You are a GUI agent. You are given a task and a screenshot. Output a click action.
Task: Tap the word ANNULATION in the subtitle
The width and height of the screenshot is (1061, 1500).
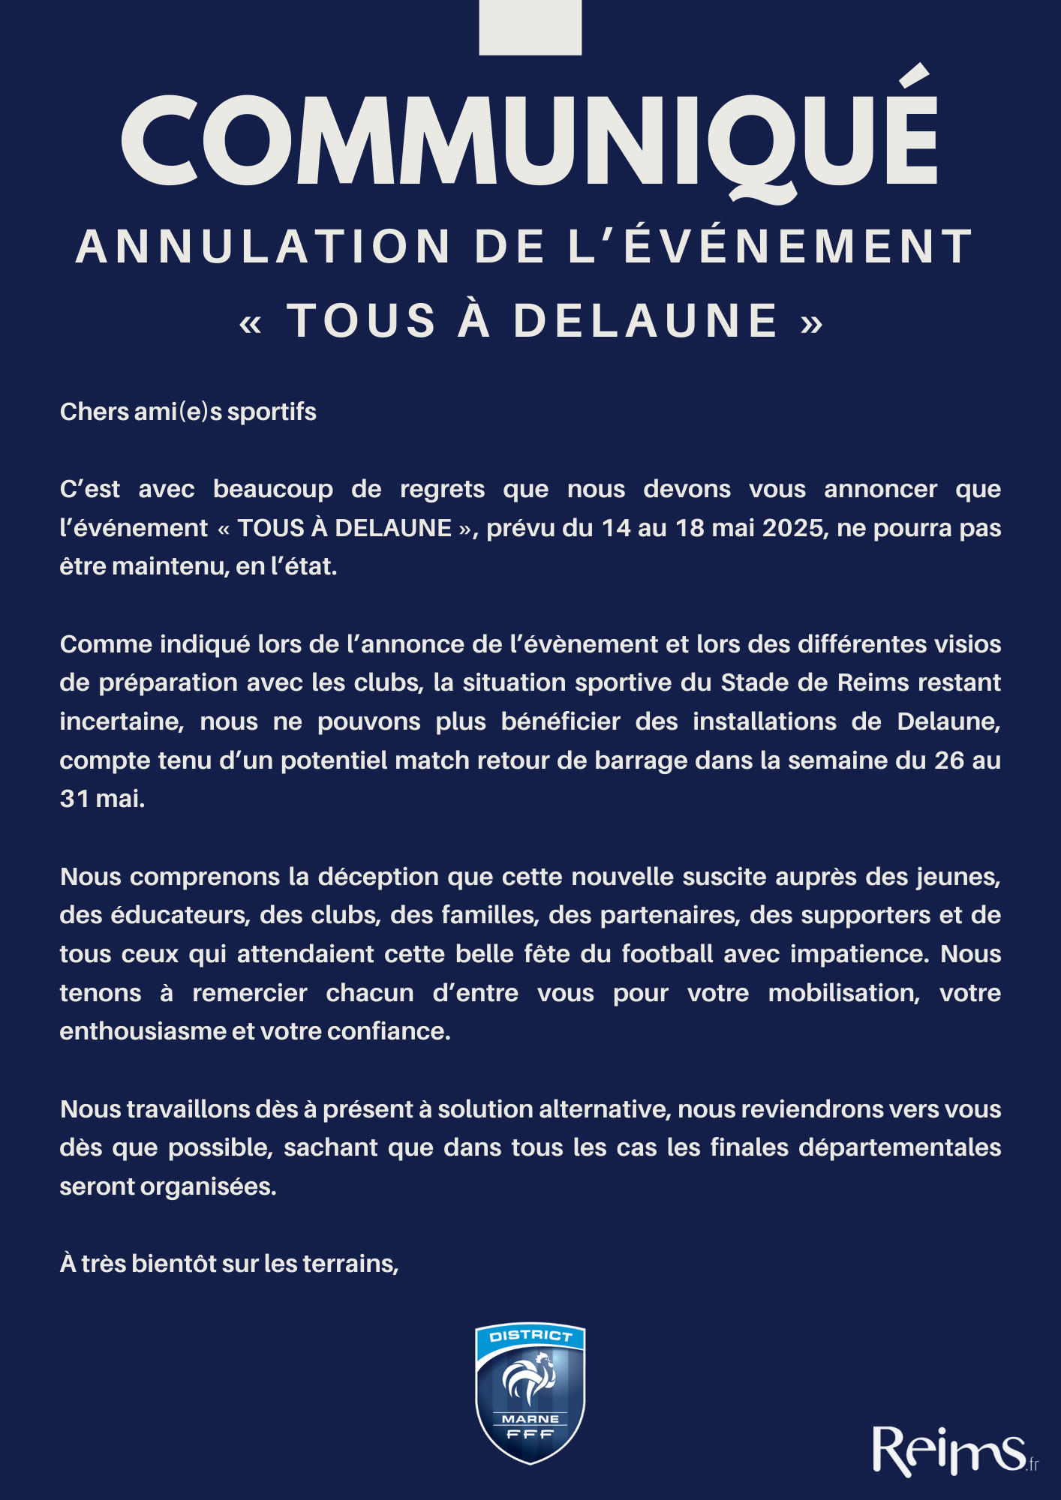point(263,247)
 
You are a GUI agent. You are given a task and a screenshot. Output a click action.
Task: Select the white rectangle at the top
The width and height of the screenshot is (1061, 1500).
point(530,27)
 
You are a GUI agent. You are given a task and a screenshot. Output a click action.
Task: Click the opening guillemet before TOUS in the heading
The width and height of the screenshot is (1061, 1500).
point(251,323)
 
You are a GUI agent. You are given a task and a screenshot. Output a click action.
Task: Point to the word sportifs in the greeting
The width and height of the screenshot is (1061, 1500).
point(271,412)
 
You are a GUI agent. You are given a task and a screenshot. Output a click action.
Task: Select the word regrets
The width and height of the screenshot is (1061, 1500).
point(442,489)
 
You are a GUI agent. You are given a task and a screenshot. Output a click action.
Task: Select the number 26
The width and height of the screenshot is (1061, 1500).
point(949,760)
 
